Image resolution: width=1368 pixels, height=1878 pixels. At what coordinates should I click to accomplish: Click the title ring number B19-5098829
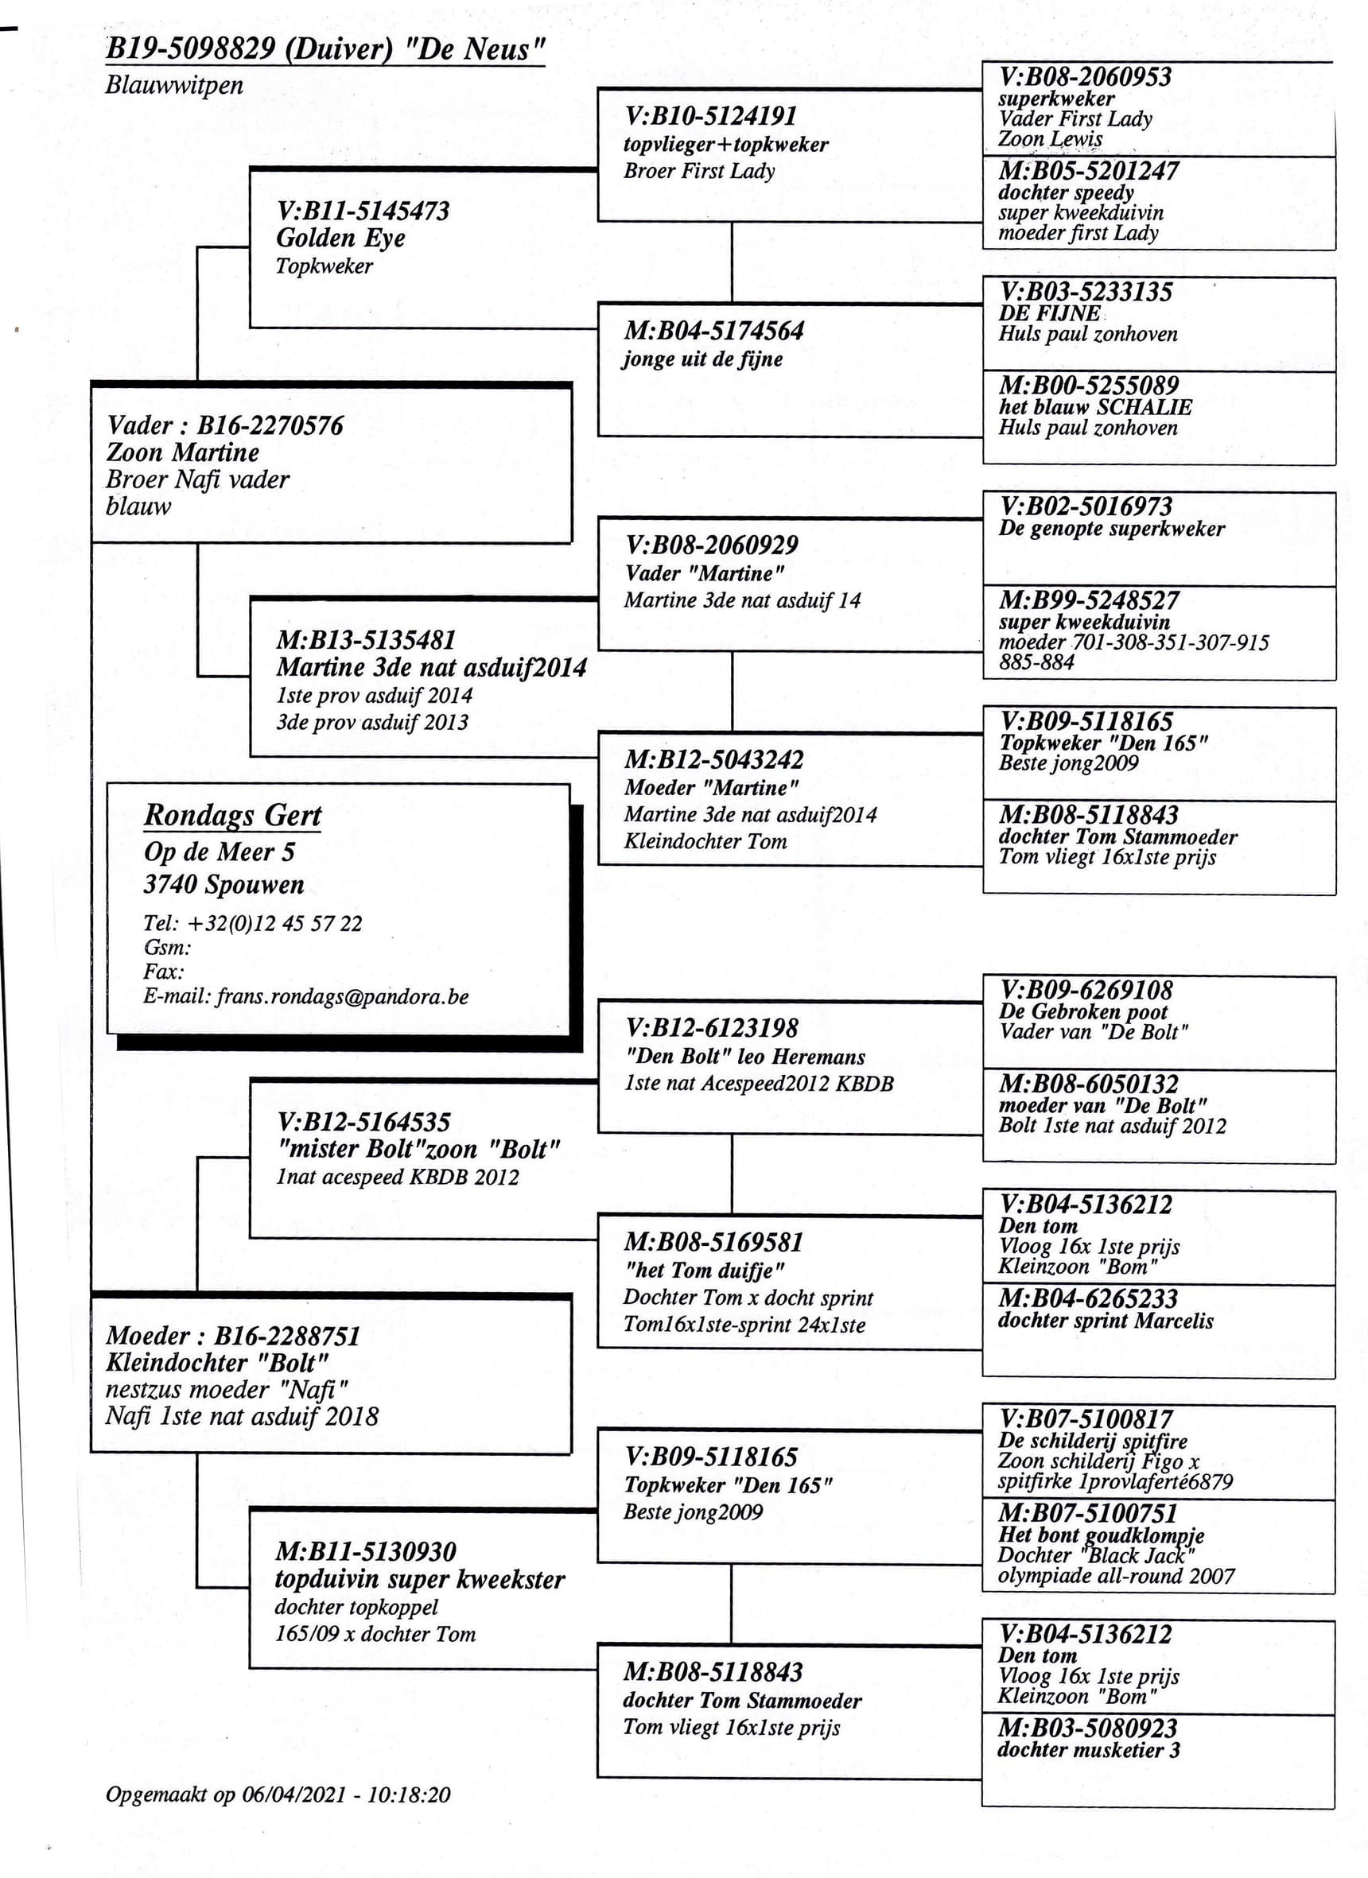(190, 49)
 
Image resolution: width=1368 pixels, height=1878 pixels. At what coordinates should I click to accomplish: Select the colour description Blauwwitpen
(174, 85)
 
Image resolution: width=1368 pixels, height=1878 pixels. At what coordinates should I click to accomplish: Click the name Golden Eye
(340, 239)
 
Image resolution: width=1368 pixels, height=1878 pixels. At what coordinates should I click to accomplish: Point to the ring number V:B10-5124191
(710, 117)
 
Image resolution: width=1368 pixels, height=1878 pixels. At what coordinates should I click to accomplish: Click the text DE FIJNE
(1050, 313)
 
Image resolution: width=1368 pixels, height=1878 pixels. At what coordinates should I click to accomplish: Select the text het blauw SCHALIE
(1094, 406)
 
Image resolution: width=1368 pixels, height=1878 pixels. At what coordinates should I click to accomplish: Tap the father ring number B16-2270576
(270, 425)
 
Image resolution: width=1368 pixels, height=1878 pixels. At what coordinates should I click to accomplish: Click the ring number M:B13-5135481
(366, 640)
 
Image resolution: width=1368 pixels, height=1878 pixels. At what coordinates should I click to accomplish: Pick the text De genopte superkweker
(1111, 528)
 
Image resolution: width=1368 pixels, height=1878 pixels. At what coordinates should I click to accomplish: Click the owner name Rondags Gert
(233, 816)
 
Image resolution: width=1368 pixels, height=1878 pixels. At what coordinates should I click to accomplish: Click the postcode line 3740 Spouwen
(223, 884)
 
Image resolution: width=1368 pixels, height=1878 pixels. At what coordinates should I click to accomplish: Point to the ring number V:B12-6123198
(711, 1028)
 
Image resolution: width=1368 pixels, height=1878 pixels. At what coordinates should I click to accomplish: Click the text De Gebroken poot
(1083, 1011)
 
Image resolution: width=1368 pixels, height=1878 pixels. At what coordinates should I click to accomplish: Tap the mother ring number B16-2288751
(287, 1336)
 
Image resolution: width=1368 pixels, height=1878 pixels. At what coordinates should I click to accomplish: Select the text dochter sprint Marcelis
(1106, 1320)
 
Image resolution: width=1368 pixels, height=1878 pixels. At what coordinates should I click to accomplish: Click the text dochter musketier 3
(1088, 1750)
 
